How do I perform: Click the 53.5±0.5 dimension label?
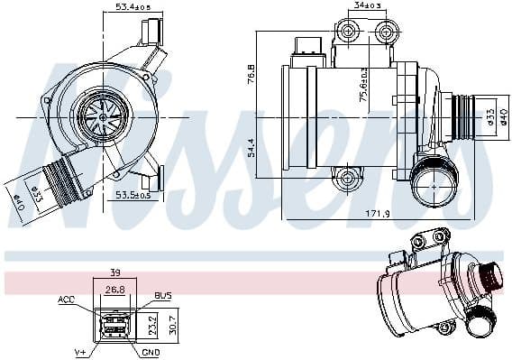(x=132, y=193)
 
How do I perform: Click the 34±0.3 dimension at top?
(x=364, y=6)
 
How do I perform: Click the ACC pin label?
(x=66, y=299)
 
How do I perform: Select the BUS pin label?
(x=163, y=296)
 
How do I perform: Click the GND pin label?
(x=151, y=352)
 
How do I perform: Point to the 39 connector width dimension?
(x=114, y=272)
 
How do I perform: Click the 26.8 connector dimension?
(x=114, y=291)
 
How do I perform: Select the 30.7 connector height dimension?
(x=177, y=319)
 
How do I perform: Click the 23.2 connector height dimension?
(x=152, y=319)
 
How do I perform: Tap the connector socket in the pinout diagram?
(x=114, y=326)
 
